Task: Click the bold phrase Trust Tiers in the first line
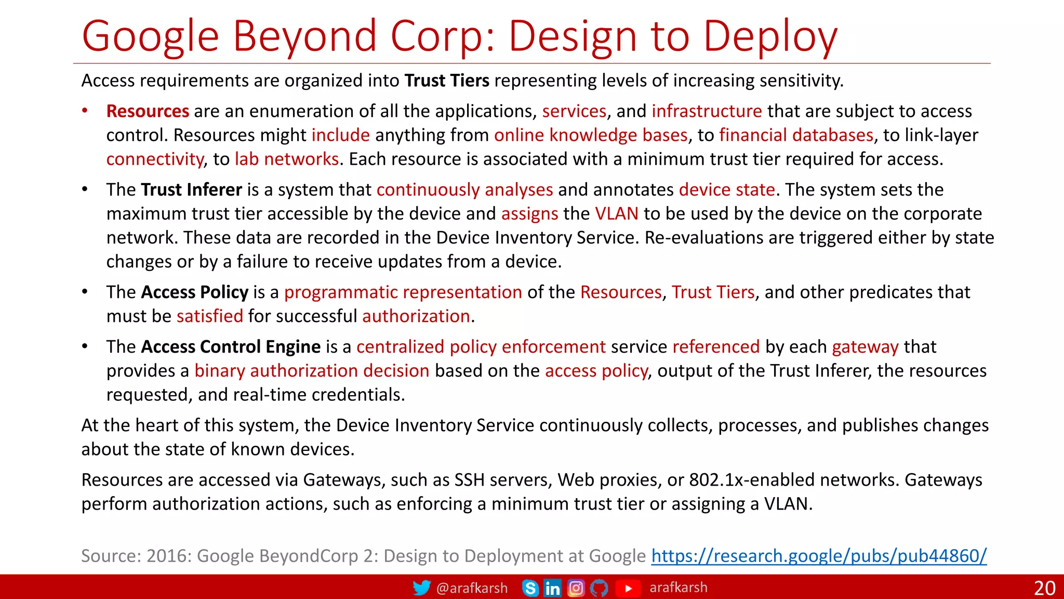(447, 81)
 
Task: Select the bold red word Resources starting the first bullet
(148, 111)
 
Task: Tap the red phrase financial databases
(796, 135)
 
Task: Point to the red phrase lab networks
(287, 159)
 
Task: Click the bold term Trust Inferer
(191, 190)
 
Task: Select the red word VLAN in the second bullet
(616, 214)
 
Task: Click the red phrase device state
(726, 190)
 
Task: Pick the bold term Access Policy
(194, 292)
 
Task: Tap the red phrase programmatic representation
(403, 292)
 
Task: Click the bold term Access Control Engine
(231, 347)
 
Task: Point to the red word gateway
(865, 347)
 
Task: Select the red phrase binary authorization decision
(312, 371)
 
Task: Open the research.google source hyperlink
(819, 556)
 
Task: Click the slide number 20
(1044, 588)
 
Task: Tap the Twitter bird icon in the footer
(421, 588)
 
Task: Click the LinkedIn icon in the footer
(552, 588)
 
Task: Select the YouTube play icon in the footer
(628, 588)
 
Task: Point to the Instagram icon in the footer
(576, 588)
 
